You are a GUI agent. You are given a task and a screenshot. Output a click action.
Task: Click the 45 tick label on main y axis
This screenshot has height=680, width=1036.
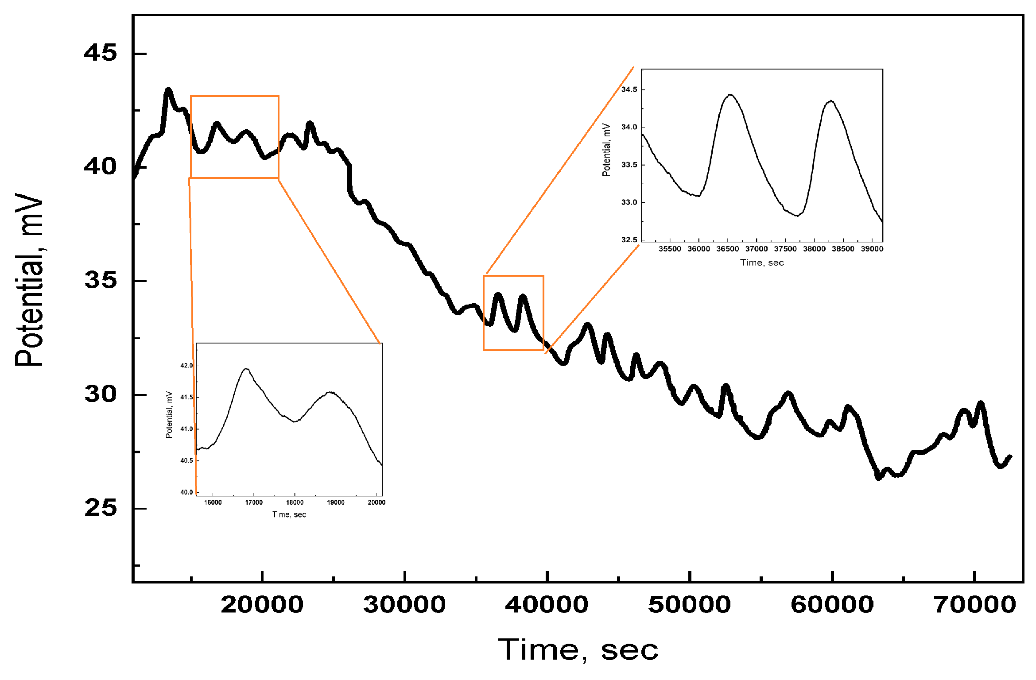point(101,53)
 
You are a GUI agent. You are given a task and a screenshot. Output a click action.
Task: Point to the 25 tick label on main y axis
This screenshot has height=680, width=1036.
point(101,508)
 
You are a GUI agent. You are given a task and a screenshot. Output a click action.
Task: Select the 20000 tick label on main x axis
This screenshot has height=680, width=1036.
point(262,605)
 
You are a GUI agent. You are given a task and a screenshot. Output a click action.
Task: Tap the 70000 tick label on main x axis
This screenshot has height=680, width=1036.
point(974,605)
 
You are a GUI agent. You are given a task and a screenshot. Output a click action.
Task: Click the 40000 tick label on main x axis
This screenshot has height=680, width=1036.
point(547,605)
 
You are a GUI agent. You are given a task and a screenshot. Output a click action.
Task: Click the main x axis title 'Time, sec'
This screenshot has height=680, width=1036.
point(578,650)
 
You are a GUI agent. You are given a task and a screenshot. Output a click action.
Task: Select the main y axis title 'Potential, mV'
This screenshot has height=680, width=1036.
point(29,280)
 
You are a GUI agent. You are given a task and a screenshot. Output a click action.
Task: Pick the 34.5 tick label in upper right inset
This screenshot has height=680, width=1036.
point(629,90)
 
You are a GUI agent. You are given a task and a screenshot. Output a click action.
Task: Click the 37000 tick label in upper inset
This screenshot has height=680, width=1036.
point(757,249)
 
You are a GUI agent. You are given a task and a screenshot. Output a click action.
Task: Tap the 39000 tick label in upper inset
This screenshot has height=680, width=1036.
point(872,249)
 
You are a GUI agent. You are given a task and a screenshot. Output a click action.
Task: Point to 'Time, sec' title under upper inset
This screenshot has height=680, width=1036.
point(762,263)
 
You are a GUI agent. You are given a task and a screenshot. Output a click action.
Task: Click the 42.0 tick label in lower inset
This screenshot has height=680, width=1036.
point(186,366)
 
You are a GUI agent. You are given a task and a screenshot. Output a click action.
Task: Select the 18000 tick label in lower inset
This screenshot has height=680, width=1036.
point(295,502)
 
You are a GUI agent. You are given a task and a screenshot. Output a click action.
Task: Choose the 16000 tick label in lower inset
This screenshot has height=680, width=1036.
point(213,502)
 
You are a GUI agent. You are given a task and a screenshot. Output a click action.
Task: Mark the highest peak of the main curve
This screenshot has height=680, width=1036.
point(168,90)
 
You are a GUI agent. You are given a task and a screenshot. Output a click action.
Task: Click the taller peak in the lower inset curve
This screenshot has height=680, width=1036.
point(246,369)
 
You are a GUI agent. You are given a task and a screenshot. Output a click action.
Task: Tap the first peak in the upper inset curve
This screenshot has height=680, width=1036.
point(730,95)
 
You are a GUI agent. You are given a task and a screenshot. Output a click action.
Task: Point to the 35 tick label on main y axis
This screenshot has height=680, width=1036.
point(101,280)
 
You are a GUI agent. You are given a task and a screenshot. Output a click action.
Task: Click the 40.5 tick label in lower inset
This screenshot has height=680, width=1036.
point(186,460)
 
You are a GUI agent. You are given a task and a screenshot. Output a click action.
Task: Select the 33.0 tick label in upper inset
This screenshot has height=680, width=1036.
point(629,202)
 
